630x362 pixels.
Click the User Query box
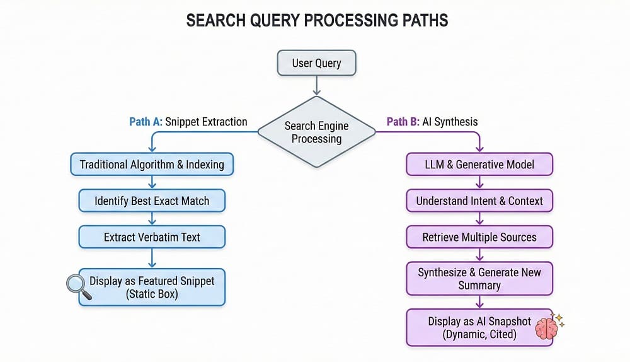(x=316, y=63)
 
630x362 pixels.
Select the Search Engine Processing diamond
(x=316, y=132)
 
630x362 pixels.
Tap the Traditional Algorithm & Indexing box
(x=152, y=165)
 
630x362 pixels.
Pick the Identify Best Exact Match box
(x=152, y=201)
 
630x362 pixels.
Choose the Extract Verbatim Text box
(x=152, y=237)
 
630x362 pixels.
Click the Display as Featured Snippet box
(x=152, y=288)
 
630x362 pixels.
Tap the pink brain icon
(x=546, y=328)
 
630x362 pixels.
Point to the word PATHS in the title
(x=413, y=20)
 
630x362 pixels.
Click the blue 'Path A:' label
(x=146, y=122)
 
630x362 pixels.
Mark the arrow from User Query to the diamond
(x=316, y=86)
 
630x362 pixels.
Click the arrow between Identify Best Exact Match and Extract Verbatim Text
(x=152, y=219)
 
